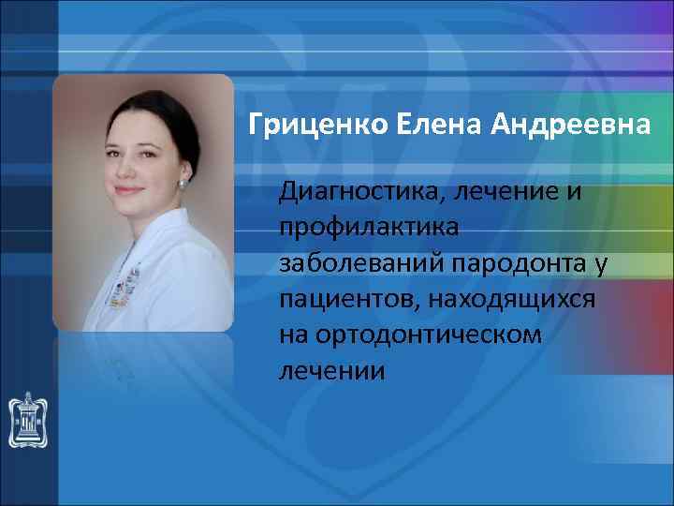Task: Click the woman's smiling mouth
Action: coord(128,190)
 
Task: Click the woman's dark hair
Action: coord(150,103)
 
